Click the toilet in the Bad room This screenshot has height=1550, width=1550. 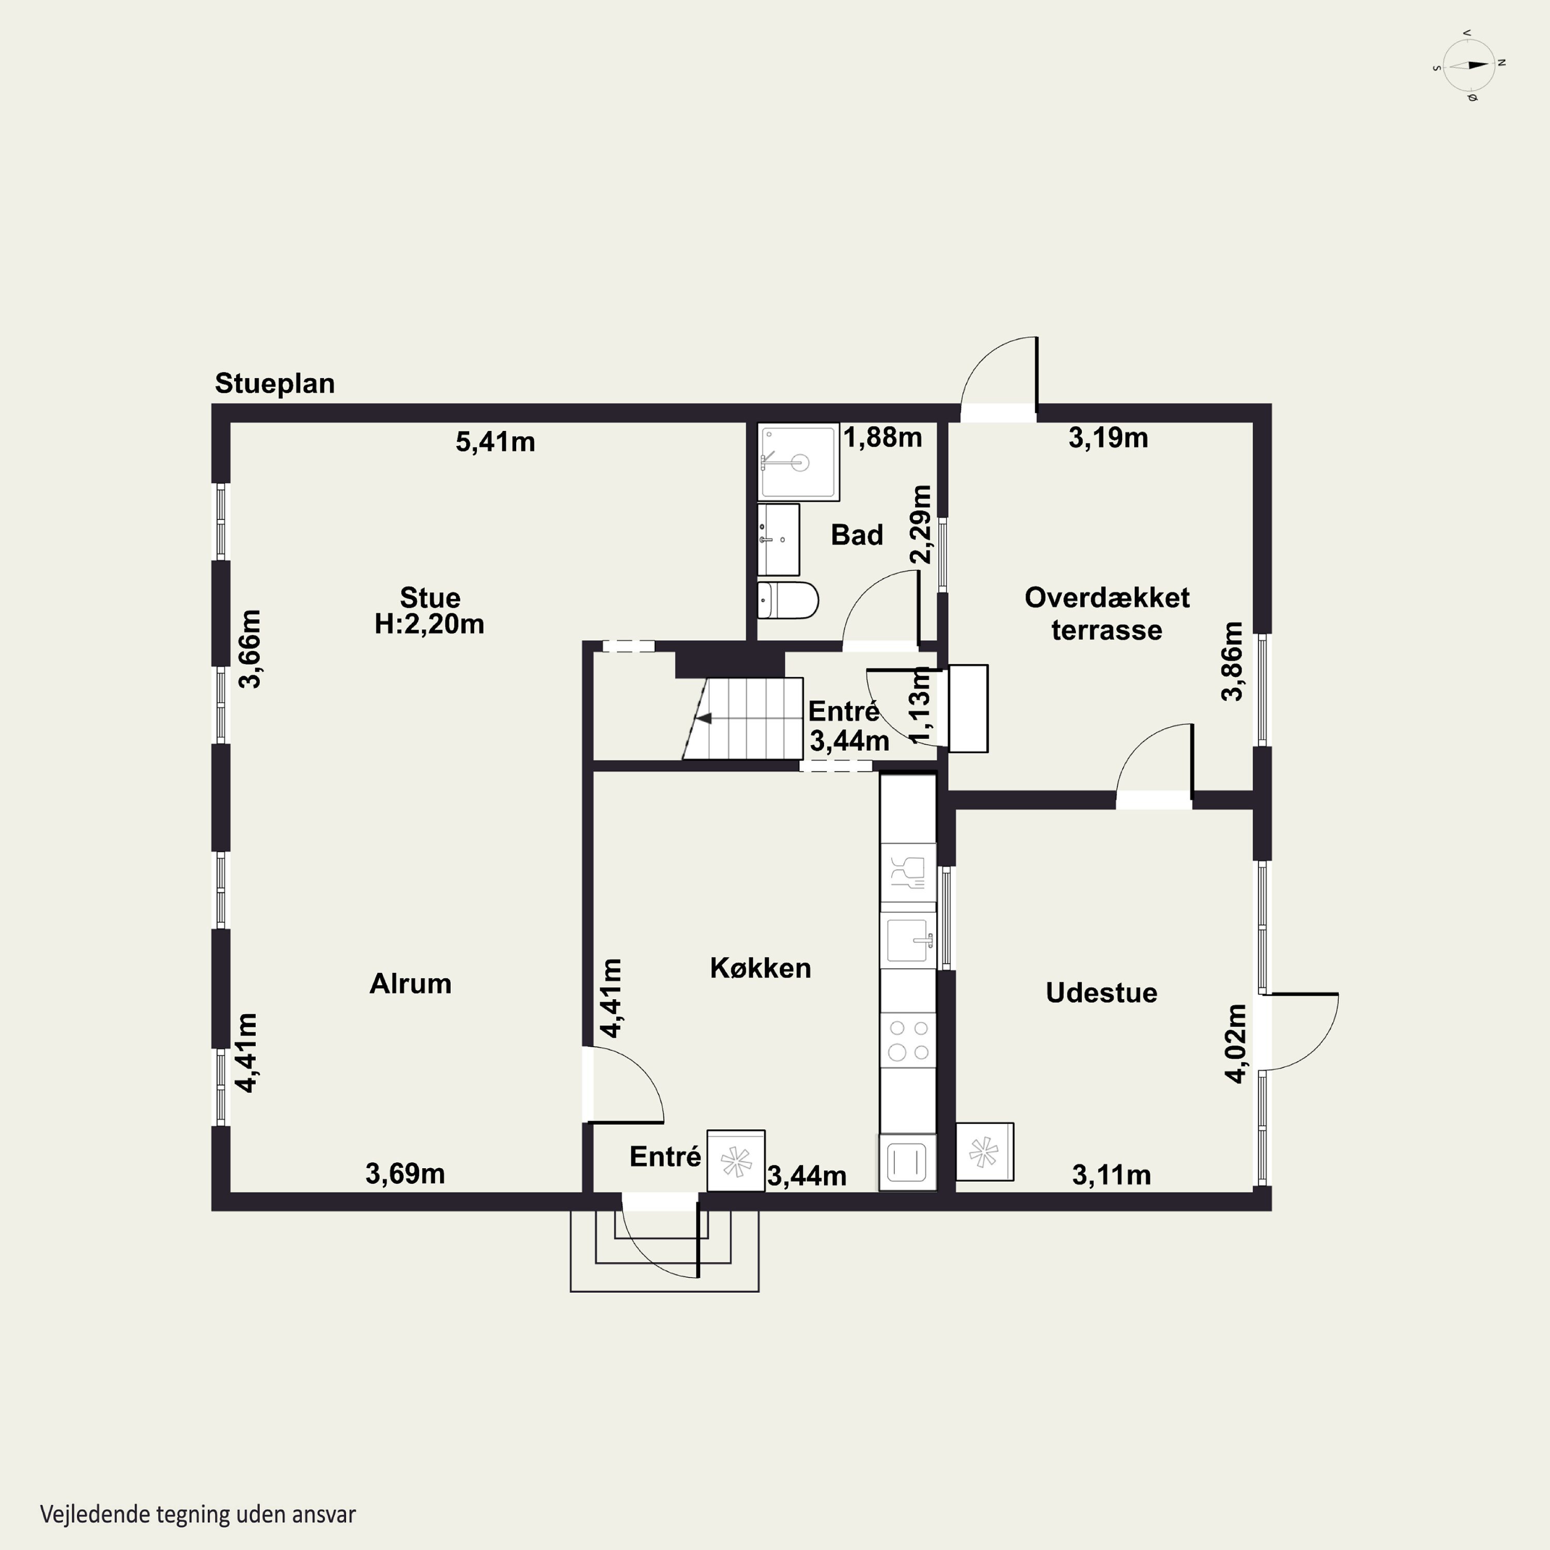[x=788, y=600]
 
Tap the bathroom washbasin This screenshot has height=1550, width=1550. [x=778, y=539]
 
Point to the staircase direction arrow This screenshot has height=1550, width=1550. [x=704, y=718]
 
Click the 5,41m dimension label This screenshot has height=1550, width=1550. [x=495, y=442]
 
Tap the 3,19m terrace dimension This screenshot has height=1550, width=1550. [x=1108, y=438]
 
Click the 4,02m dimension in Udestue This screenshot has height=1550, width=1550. [x=1236, y=1043]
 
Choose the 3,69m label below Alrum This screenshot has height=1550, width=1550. [x=405, y=1174]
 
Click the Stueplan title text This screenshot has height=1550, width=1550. [x=274, y=383]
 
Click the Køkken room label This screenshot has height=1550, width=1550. [x=761, y=968]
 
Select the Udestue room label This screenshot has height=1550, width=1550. [x=1102, y=993]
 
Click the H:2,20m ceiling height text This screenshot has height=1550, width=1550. [x=429, y=624]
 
